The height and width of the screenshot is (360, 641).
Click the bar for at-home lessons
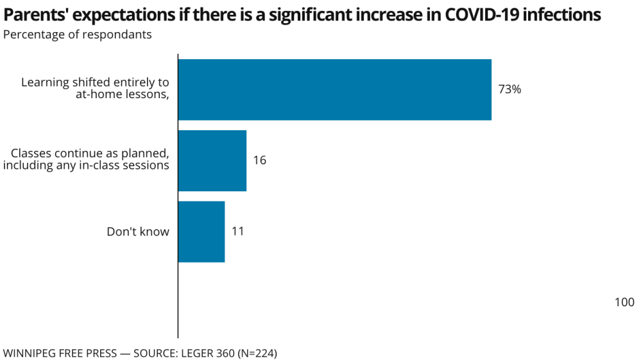pos(334,89)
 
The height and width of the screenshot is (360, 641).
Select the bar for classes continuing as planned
pos(212,160)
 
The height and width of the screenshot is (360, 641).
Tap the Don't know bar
pos(201,231)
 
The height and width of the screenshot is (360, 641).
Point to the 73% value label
pos(509,89)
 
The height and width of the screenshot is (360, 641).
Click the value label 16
pos(259,160)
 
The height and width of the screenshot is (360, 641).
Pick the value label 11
pos(237,231)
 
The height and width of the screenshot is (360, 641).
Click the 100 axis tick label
pos(624,302)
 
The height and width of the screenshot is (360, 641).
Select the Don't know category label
pos(138,232)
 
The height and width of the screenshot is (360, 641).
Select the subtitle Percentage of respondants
pos(78,35)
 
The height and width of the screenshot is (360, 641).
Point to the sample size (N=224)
pos(256,353)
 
